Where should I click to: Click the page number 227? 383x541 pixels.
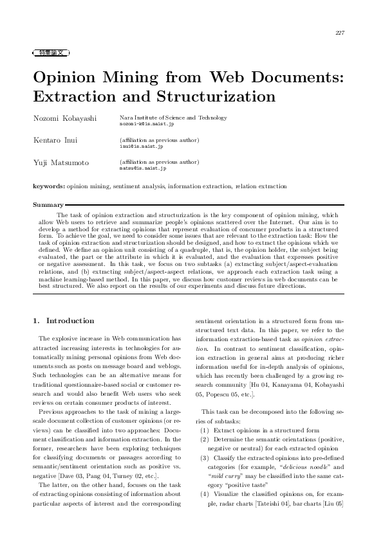click(x=341, y=33)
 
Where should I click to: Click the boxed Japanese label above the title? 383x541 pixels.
click(x=51, y=52)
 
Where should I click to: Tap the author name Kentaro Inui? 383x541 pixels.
click(x=55, y=140)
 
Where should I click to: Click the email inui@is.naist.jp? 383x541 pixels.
click(x=137, y=146)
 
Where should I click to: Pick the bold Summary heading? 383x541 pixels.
click(x=48, y=206)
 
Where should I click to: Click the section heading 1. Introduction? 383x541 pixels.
click(x=63, y=321)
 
